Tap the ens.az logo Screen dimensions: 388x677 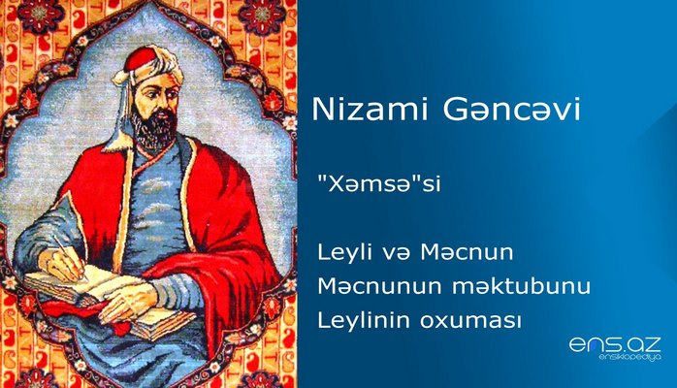pyautogui.click(x=614, y=344)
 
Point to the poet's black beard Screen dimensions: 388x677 pyautogui.click(x=154, y=131)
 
